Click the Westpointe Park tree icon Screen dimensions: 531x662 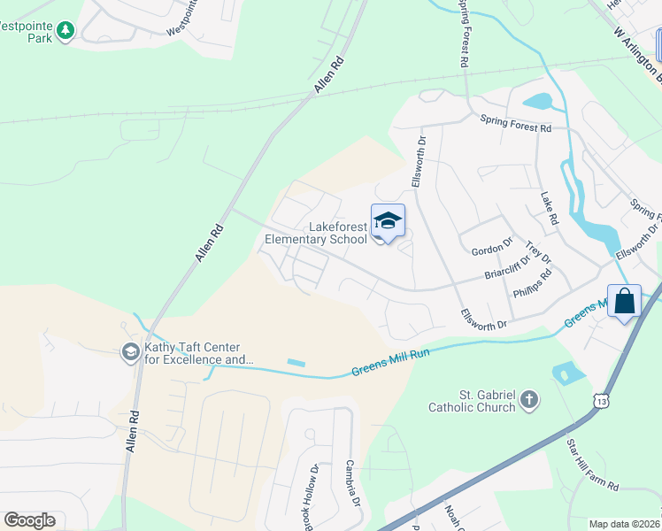pyautogui.click(x=65, y=31)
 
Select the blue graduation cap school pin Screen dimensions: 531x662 pyautogui.click(x=388, y=221)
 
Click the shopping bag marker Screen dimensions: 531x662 pyautogui.click(x=624, y=301)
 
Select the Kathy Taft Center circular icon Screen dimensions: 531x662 pyautogui.click(x=130, y=352)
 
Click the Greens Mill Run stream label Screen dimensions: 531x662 pyautogui.click(x=390, y=359)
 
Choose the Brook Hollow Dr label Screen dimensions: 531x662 pyautogui.click(x=311, y=496)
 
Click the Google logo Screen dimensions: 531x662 pyautogui.click(x=29, y=520)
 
